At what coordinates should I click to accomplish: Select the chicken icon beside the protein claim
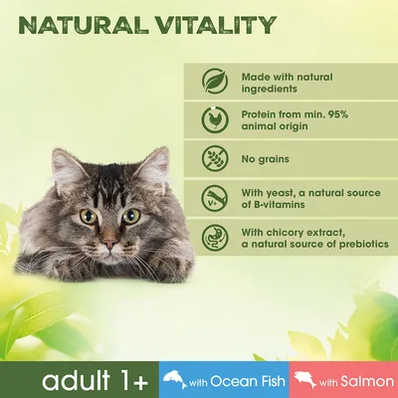[x=212, y=121]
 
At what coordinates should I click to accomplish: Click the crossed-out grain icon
[x=212, y=160]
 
